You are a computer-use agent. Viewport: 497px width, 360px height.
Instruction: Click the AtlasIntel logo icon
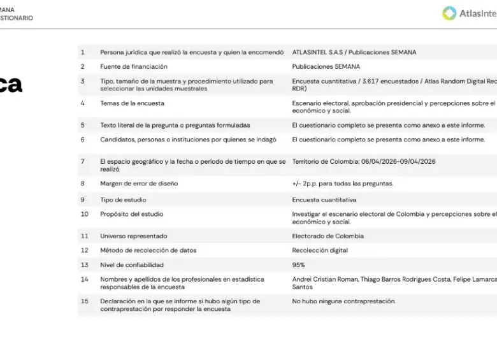(450, 13)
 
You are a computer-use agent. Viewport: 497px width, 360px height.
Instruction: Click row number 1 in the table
(82, 52)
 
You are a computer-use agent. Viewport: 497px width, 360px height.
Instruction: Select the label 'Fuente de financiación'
(134, 66)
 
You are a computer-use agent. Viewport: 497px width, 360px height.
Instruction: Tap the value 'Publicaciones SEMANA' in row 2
(326, 66)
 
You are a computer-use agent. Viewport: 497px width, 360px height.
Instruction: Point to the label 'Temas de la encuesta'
(132, 103)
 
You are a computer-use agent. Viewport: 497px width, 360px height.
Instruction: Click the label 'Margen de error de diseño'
(139, 184)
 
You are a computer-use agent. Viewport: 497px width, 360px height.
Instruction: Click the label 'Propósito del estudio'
(131, 214)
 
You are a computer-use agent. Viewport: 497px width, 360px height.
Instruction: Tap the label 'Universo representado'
(134, 236)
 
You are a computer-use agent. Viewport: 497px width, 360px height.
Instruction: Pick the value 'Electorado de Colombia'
(328, 236)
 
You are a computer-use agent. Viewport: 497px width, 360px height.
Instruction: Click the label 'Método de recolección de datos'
(148, 250)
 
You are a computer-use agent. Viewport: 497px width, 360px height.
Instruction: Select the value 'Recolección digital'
(320, 250)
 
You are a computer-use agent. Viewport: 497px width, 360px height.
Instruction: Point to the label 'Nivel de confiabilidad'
(132, 264)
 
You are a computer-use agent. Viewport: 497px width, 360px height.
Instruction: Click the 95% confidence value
(298, 264)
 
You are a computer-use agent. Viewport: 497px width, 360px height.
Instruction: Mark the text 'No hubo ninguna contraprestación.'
(343, 301)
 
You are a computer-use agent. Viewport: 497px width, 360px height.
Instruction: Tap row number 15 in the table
(84, 301)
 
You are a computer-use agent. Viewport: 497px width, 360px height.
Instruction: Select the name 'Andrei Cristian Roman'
(324, 279)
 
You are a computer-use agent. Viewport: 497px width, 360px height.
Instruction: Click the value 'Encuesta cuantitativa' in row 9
(324, 200)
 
